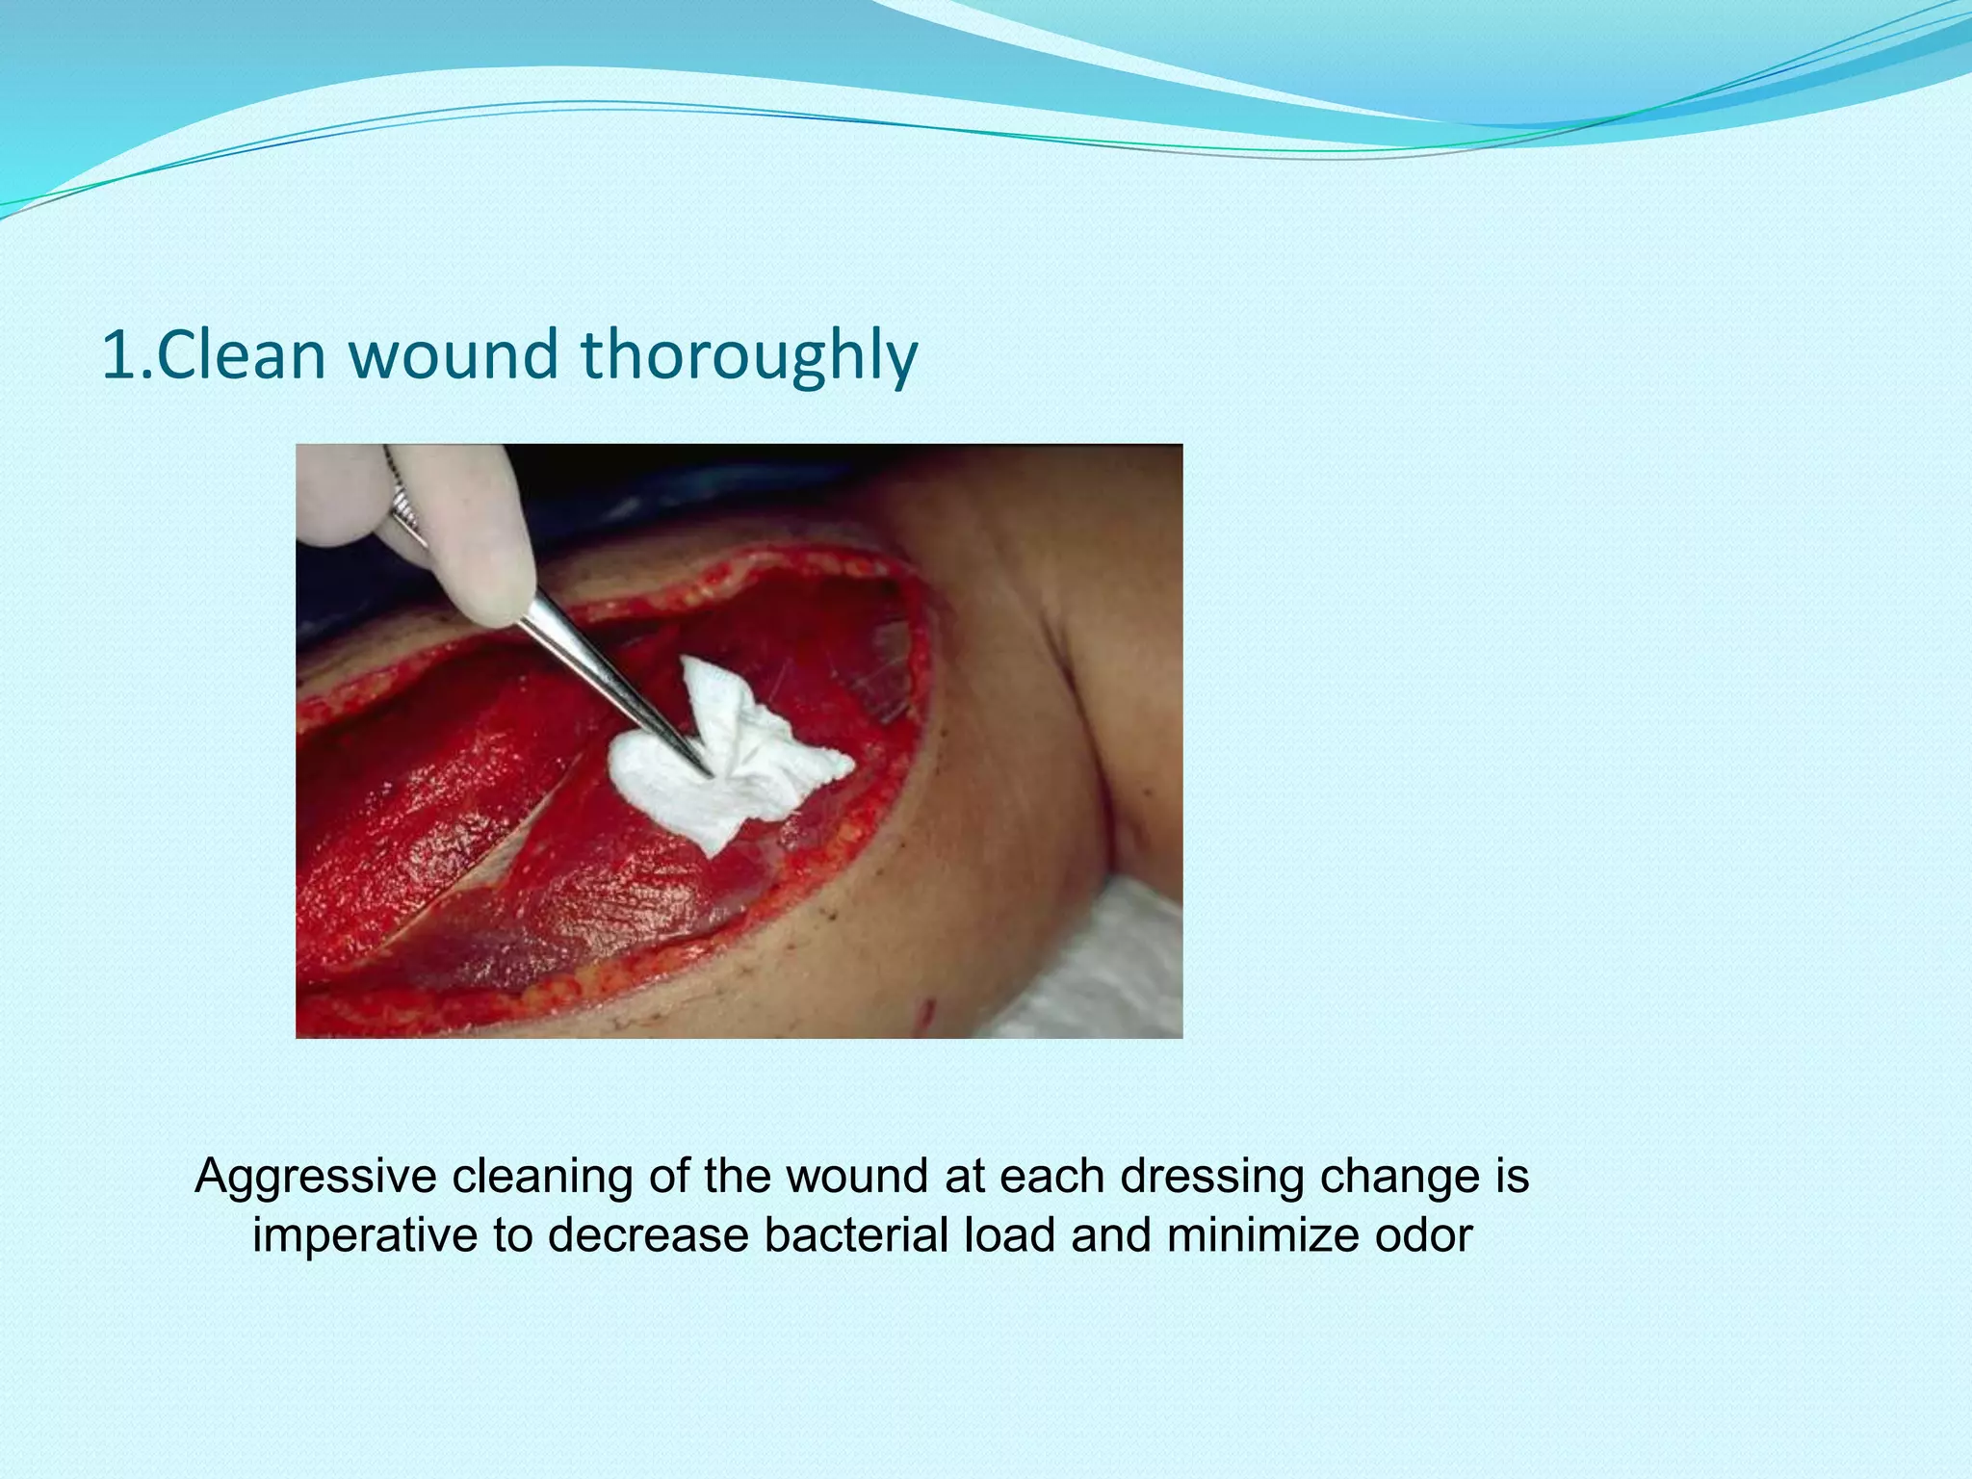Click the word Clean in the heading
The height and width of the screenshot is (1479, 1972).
point(241,354)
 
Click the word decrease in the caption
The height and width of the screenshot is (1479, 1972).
point(648,1235)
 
